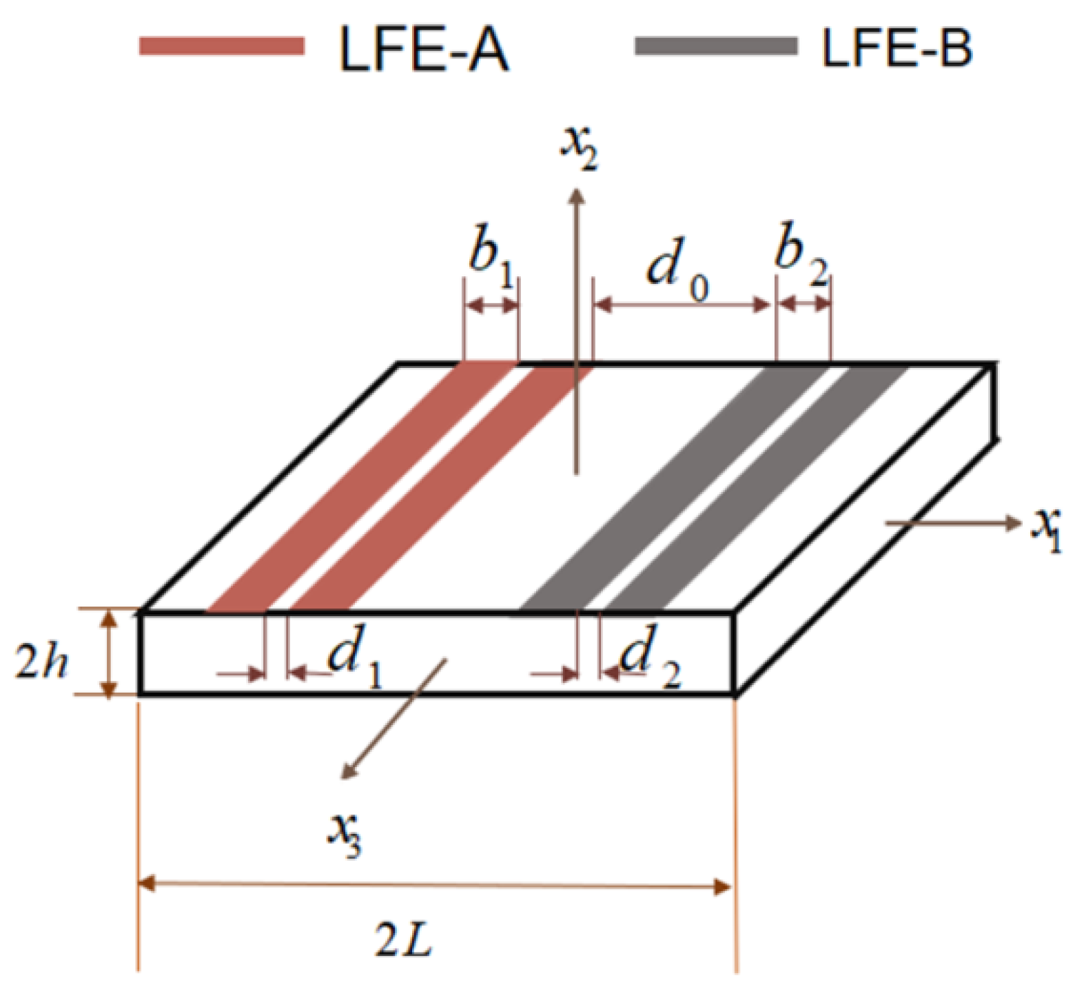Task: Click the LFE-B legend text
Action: (897, 48)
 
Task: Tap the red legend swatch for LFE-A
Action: (222, 46)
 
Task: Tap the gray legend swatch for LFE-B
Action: (716, 46)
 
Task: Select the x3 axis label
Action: (344, 833)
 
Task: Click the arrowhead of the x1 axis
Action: (1013, 524)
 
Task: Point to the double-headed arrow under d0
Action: (682, 305)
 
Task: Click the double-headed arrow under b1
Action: (491, 306)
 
